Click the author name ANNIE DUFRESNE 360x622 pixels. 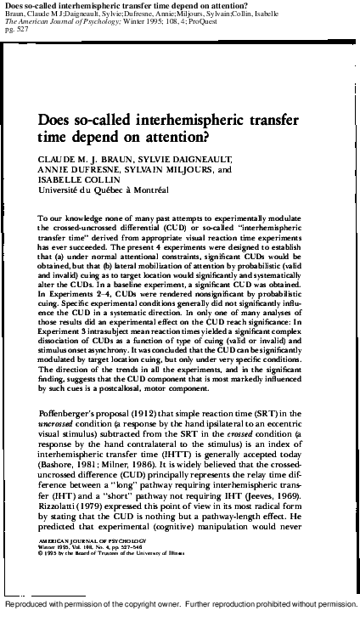click(80, 169)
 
